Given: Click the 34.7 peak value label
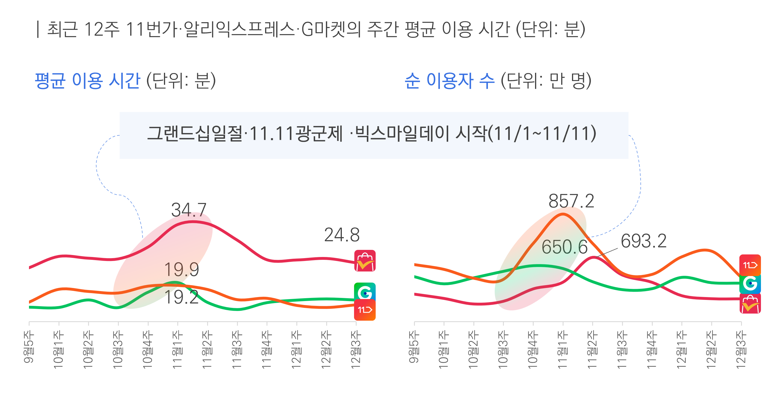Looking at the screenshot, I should pos(189,210).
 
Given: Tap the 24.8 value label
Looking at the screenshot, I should pos(342,235).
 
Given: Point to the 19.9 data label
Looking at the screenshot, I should pos(182,269).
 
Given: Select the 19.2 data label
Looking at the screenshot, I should pos(182,297).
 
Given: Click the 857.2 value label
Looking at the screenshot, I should pos(571,201).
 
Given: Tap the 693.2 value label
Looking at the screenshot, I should pos(644,241).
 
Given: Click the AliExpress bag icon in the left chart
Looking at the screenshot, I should pos(365,261).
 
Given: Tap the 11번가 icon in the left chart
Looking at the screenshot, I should pos(365,310).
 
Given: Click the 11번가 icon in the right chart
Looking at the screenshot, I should pos(750,265).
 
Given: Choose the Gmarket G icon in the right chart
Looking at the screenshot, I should pos(750,284).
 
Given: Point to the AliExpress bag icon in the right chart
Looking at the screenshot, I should pos(750,304).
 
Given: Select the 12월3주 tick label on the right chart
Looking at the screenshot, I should pos(741,349).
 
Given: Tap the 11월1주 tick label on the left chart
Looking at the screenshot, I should pos(178,349).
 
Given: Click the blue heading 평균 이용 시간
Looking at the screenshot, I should pos(88,81).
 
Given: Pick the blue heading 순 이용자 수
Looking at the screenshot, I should pos(450,81).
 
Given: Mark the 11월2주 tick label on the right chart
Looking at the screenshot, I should pos(592,349).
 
